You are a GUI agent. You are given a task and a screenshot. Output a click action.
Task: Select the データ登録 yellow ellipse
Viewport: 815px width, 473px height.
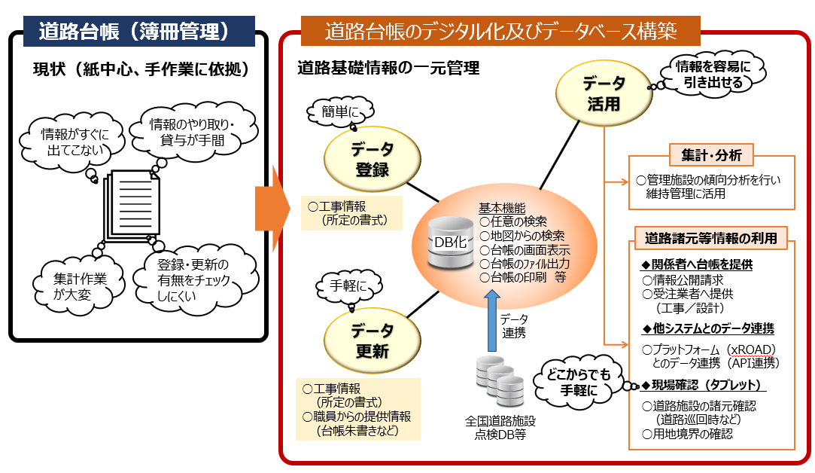point(371,159)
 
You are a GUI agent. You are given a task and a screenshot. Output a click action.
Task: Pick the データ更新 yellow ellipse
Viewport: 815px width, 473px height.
point(371,340)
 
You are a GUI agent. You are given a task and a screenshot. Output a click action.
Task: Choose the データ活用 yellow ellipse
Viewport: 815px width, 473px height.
point(603,94)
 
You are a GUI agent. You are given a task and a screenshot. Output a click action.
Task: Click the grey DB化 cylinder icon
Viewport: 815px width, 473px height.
point(447,242)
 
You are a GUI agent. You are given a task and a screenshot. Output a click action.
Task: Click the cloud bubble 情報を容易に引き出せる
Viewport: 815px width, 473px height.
point(703,74)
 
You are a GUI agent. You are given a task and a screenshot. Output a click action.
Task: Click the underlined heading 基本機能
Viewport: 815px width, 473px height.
point(503,209)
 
